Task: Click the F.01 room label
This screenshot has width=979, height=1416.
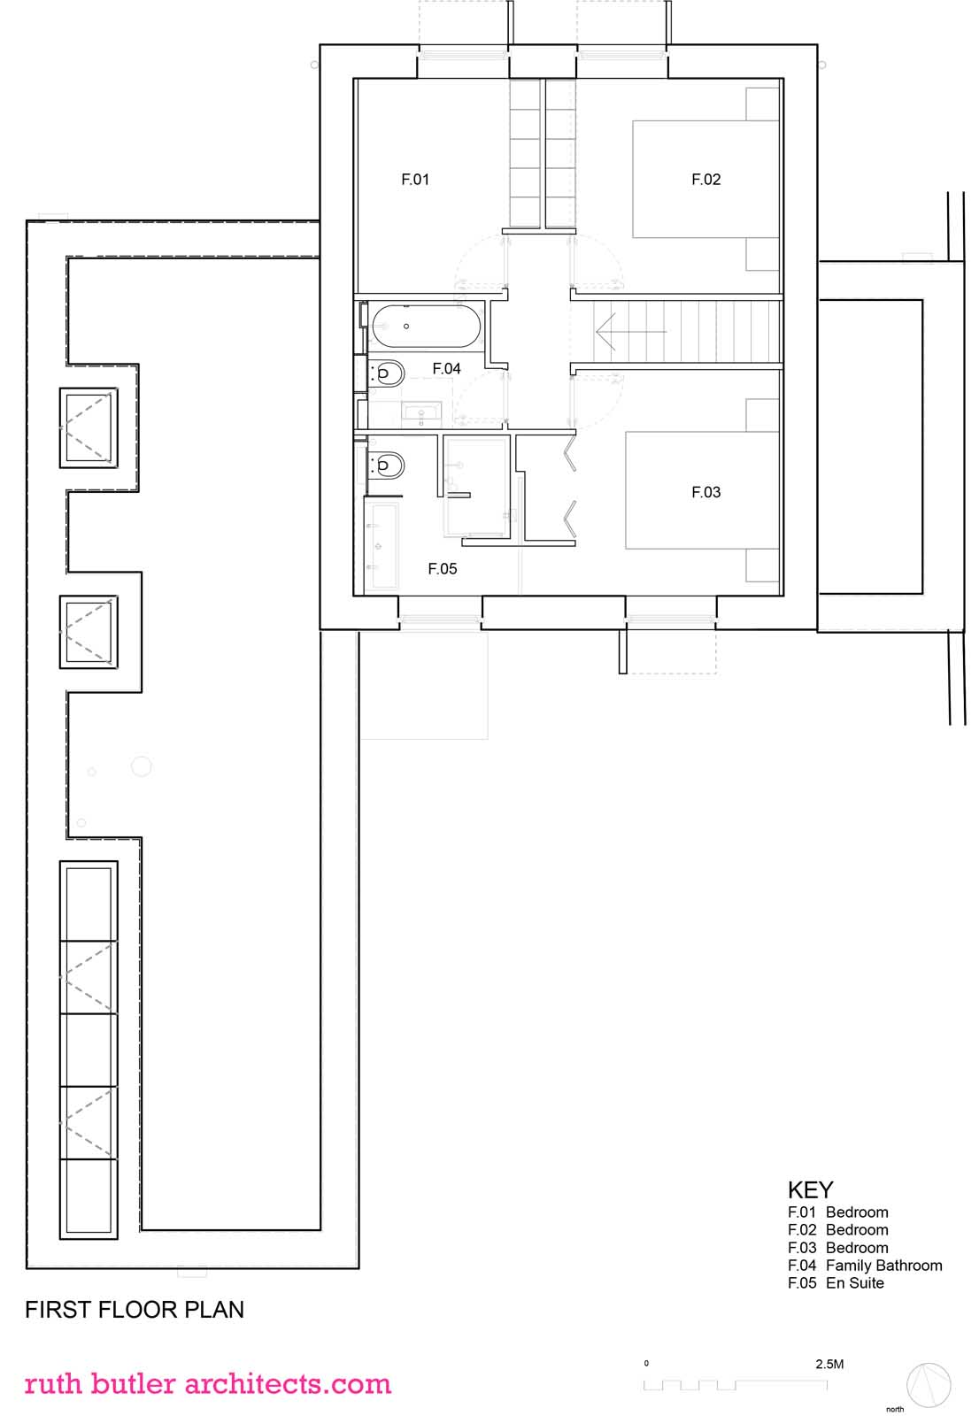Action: click(415, 180)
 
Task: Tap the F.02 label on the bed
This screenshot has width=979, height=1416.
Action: click(705, 180)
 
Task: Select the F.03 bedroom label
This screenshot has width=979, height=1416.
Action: click(705, 492)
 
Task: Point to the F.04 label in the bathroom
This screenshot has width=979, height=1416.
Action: click(446, 368)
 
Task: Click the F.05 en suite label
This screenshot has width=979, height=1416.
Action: click(442, 568)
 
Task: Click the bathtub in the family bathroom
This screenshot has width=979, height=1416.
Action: click(427, 327)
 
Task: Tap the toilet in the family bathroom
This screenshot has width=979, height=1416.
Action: click(386, 373)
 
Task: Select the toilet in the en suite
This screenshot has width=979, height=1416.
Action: click(386, 466)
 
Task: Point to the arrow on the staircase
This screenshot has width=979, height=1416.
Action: click(630, 331)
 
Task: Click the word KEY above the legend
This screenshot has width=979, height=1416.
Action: click(810, 1190)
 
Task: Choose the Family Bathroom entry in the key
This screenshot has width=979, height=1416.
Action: click(883, 1266)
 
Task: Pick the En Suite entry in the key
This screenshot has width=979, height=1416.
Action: click(854, 1283)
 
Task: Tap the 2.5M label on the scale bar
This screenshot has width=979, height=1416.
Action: click(829, 1364)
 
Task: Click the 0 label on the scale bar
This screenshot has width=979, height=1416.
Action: click(646, 1364)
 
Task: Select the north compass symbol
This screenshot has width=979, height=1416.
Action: click(929, 1386)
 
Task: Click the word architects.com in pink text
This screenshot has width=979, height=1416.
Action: click(288, 1384)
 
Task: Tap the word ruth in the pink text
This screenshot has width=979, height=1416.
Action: click(53, 1384)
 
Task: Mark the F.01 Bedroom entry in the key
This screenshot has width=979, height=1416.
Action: click(838, 1212)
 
